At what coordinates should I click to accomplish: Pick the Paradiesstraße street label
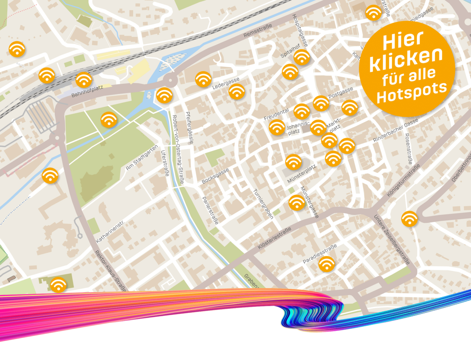320,253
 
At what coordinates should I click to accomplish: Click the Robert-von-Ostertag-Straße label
178,150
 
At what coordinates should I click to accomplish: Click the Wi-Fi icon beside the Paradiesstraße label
327,264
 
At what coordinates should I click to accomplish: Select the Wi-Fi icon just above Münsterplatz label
294,162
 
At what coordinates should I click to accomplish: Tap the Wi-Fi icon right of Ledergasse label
237,92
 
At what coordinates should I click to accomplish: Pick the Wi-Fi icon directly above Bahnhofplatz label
84,80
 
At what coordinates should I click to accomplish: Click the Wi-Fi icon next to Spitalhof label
302,57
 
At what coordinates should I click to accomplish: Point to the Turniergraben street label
263,204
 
